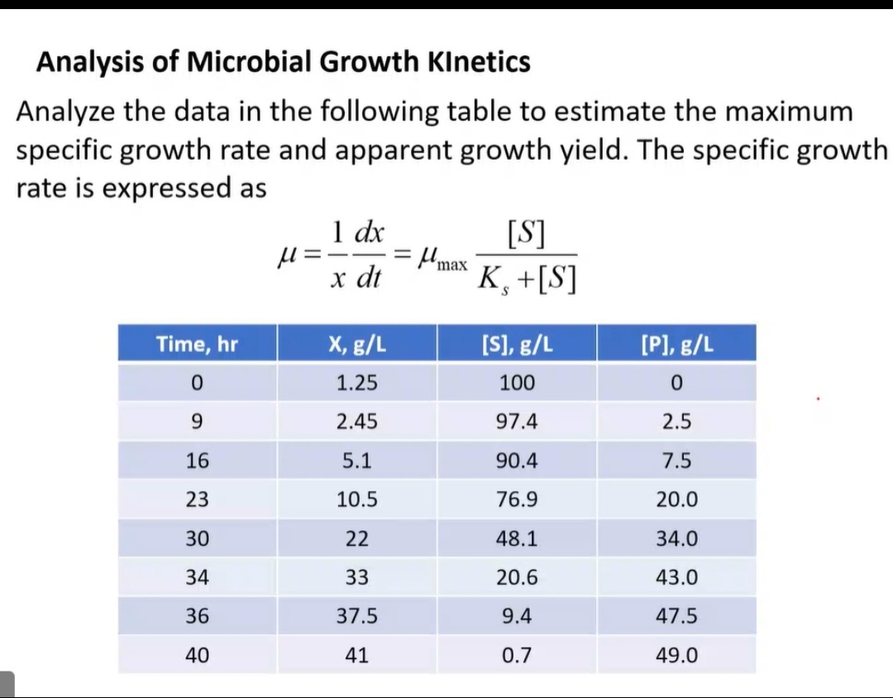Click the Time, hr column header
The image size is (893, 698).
point(197,344)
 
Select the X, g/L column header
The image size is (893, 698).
point(356,344)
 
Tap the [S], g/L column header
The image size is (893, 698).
point(517,344)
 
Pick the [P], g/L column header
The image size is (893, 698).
point(676,344)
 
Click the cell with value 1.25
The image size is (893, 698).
point(356,383)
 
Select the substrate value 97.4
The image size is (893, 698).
point(517,422)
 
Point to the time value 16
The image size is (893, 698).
point(197,461)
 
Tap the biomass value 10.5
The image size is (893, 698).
point(356,500)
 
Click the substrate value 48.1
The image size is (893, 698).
point(517,538)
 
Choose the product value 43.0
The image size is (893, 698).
point(676,577)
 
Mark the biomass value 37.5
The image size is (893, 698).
point(356,616)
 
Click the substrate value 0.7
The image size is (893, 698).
point(517,656)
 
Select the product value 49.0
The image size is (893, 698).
point(676,656)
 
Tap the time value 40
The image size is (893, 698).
point(197,656)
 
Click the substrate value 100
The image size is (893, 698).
point(517,383)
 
